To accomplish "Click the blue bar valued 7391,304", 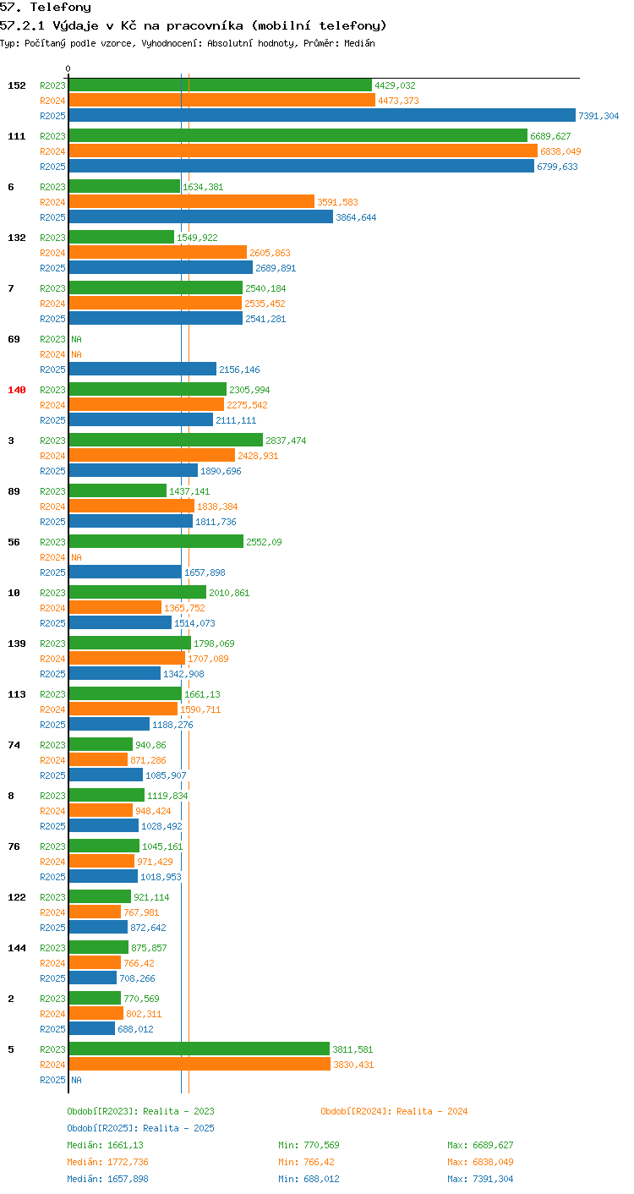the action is tap(322, 115).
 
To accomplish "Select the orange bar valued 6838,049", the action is tap(303, 151).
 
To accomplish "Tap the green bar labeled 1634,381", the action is tap(124, 186).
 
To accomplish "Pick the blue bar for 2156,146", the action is tap(143, 369).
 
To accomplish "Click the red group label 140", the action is tap(17, 390).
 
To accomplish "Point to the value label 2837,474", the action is tap(286, 441).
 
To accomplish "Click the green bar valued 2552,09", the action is tap(156, 541).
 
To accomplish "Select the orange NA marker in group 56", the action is tap(77, 557).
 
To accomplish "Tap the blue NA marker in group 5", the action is tap(77, 1079).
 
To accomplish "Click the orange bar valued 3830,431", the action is tap(199, 1064).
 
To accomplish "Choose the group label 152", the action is tap(17, 85).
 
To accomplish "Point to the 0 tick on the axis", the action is tap(68, 68).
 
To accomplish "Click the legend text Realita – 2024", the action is tap(432, 1111).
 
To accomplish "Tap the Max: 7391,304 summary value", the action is tap(480, 1179).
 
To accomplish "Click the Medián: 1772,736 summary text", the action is tap(107, 1162).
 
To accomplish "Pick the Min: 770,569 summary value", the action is tap(309, 1145).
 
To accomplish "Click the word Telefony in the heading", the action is tap(60, 7).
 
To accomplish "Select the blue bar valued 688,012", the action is tap(92, 1028).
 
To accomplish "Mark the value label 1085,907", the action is tap(166, 775).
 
